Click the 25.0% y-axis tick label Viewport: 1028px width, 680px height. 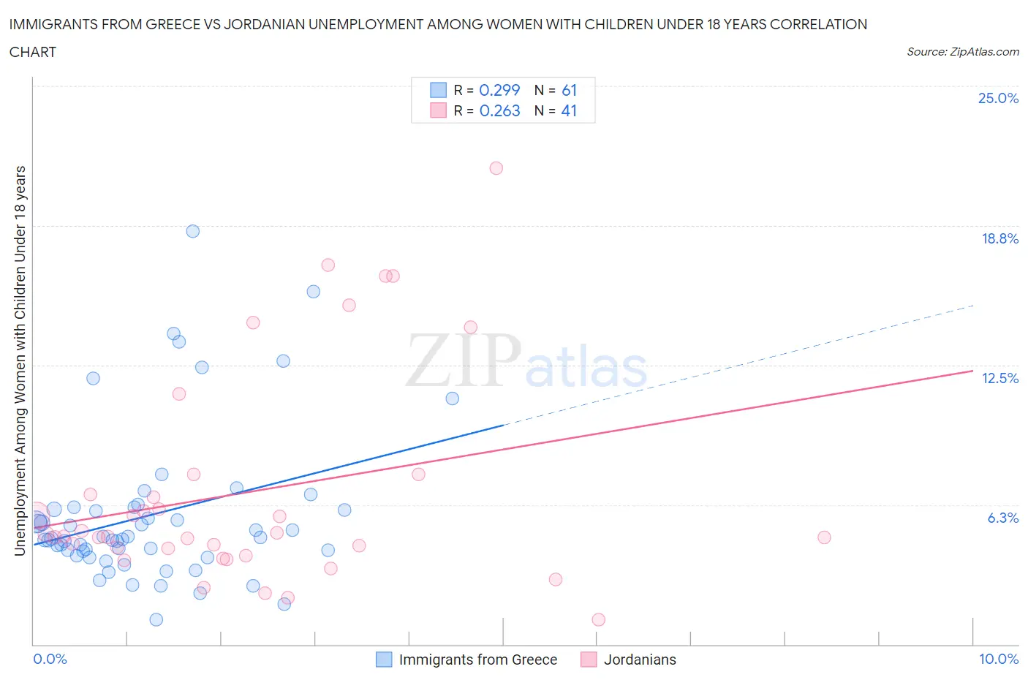point(998,98)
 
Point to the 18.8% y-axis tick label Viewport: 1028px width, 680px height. point(999,238)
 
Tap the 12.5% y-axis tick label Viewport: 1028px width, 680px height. point(999,378)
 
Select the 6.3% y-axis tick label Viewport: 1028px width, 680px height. point(1002,518)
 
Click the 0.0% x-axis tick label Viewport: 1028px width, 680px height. point(50,659)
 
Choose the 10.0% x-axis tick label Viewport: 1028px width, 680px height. point(999,659)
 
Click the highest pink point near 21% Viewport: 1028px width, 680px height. point(496,168)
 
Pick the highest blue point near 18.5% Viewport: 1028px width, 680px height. point(193,231)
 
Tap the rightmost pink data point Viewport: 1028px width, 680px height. point(824,537)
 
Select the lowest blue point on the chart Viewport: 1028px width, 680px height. point(156,619)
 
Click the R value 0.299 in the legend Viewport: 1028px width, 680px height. point(499,90)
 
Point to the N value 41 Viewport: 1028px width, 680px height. point(569,110)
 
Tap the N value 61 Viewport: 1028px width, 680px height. point(569,90)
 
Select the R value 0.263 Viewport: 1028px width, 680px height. point(499,110)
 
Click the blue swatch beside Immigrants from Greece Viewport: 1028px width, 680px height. point(384,660)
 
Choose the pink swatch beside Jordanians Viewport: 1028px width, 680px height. point(589,660)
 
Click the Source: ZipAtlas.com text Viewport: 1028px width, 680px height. point(962,51)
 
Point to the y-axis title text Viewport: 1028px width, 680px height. point(20,360)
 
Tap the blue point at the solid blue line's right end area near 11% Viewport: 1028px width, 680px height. point(452,398)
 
